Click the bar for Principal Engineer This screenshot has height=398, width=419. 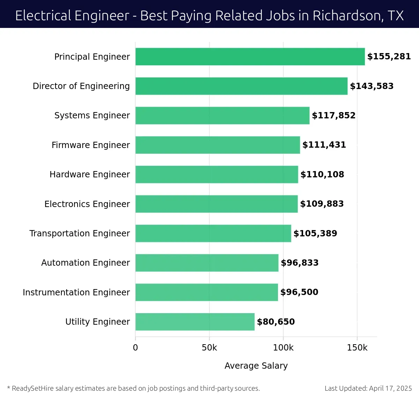pyautogui.click(x=250, y=57)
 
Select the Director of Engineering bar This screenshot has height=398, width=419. pyautogui.click(x=241, y=86)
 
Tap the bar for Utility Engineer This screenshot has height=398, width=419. pyautogui.click(x=195, y=322)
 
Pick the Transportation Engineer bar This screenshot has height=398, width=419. pyautogui.click(x=213, y=233)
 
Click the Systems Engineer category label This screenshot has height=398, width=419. pyautogui.click(x=92, y=116)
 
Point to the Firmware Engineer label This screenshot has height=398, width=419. pyautogui.click(x=90, y=145)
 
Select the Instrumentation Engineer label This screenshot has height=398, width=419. pyautogui.click(x=76, y=292)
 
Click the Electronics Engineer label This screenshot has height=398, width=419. pyautogui.click(x=87, y=204)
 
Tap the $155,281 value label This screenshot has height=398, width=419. pyautogui.click(x=389, y=57)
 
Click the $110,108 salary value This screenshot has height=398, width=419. pyautogui.click(x=322, y=174)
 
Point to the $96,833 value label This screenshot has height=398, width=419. pyautogui.click(x=300, y=263)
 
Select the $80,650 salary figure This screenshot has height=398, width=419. pyautogui.click(x=276, y=322)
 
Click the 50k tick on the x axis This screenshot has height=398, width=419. pyautogui.click(x=209, y=348)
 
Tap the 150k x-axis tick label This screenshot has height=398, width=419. pyautogui.click(x=357, y=348)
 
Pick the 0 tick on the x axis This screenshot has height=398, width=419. pyautogui.click(x=135, y=348)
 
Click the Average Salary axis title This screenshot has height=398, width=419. pyautogui.click(x=256, y=366)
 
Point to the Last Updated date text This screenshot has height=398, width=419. pyautogui.click(x=368, y=388)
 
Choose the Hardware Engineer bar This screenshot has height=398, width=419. pyautogui.click(x=216, y=174)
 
